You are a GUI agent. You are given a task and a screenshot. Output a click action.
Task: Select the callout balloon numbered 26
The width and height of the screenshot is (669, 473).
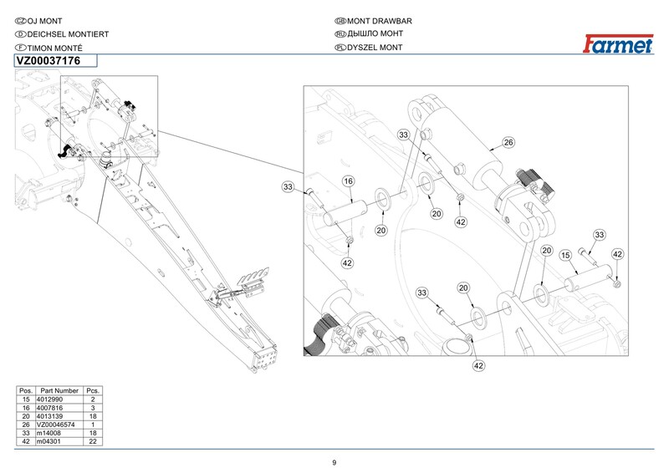coord(508,142)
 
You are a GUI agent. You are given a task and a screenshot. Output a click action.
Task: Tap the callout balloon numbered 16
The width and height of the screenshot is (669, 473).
coord(348,181)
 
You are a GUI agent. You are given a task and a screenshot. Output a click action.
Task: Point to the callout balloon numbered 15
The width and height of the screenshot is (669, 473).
coord(565,254)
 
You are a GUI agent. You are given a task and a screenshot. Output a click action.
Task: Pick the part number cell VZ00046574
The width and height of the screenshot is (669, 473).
coord(58,425)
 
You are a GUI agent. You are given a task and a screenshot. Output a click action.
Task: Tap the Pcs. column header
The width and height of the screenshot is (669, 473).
coord(93,391)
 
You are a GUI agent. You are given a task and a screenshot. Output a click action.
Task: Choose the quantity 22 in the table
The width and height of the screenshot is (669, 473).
coord(93,442)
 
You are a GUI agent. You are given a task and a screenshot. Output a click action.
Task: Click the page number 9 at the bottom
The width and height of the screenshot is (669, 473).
coord(334,463)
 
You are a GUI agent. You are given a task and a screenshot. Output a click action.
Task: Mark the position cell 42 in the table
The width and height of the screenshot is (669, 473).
coord(25,442)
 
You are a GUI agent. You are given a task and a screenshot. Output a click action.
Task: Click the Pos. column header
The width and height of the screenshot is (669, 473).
coord(25,391)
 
